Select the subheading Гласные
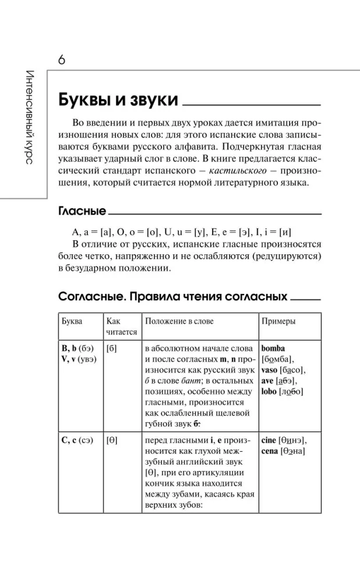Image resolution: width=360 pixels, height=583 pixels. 82,211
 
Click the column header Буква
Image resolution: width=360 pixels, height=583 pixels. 72,321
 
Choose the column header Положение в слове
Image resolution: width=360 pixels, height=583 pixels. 180,321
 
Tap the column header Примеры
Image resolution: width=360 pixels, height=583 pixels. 278,321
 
